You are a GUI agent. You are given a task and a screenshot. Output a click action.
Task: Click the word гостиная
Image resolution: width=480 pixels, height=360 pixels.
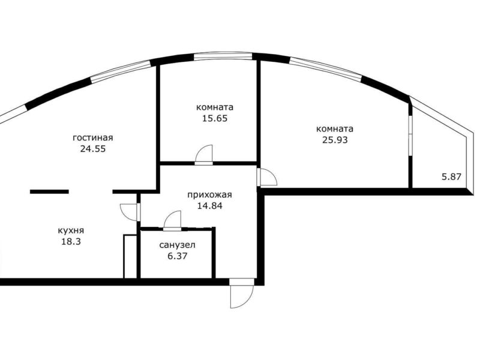point(93,138)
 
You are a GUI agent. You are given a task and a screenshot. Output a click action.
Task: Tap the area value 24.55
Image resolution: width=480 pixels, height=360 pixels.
point(93,149)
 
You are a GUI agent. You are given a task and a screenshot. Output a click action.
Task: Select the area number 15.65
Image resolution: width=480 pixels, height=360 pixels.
point(215,118)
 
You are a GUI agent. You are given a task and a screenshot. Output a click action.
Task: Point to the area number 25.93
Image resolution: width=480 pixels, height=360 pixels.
point(335,140)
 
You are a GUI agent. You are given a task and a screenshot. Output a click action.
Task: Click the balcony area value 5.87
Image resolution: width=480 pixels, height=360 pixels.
point(452,176)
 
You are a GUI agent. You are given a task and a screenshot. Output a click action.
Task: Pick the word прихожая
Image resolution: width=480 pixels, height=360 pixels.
point(209,194)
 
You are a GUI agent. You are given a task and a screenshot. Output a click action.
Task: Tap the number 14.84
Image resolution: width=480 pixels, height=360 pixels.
point(209,206)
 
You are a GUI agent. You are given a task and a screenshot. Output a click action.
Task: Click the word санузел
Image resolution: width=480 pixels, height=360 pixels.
point(177,245)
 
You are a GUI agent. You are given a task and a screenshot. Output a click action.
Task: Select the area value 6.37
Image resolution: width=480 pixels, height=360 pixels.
point(177,256)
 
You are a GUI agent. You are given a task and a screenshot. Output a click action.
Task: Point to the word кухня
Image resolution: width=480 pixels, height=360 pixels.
point(71,230)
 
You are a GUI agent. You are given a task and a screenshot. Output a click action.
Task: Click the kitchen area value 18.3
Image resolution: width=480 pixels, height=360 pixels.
point(71,242)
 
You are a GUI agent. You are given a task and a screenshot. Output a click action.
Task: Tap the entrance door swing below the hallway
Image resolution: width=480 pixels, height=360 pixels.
point(242,294)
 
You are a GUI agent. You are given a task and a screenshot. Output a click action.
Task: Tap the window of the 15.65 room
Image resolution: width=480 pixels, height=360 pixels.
point(223,56)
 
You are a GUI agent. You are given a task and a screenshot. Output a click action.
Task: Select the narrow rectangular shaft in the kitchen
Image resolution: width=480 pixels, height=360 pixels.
point(130,257)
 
